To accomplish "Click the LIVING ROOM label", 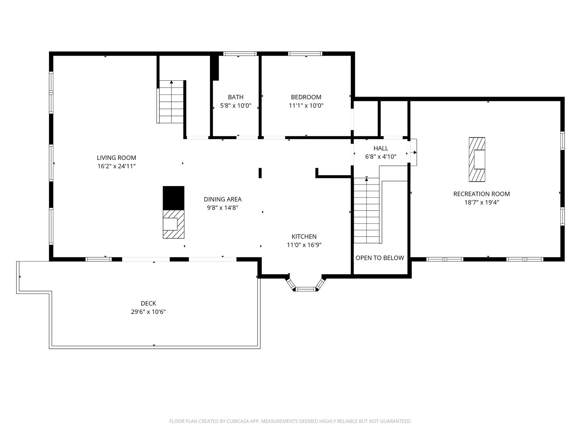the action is [x=117, y=158].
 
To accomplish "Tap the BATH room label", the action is [x=236, y=97].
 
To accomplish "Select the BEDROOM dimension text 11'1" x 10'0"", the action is [x=306, y=106].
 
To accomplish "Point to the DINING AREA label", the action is [x=223, y=199].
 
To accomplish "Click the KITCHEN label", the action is [x=304, y=237].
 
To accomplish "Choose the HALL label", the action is [x=381, y=148].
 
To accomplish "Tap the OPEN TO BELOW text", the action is [x=379, y=258].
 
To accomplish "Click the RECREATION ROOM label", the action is [x=482, y=194].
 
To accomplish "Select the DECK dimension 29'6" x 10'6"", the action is [x=148, y=312].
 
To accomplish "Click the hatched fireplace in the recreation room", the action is [x=477, y=160].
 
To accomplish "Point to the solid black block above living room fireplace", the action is [x=173, y=198].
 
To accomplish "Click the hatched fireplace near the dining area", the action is [x=173, y=224].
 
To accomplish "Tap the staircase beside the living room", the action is [x=171, y=102].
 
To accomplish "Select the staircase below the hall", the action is [x=367, y=210].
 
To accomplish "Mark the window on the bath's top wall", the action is [x=240, y=53].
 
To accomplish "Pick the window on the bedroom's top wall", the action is [x=305, y=53].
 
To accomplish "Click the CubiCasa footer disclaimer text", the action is [x=290, y=421].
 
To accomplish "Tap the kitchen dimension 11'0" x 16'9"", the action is [x=304, y=245].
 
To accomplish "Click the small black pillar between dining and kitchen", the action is [x=260, y=173].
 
